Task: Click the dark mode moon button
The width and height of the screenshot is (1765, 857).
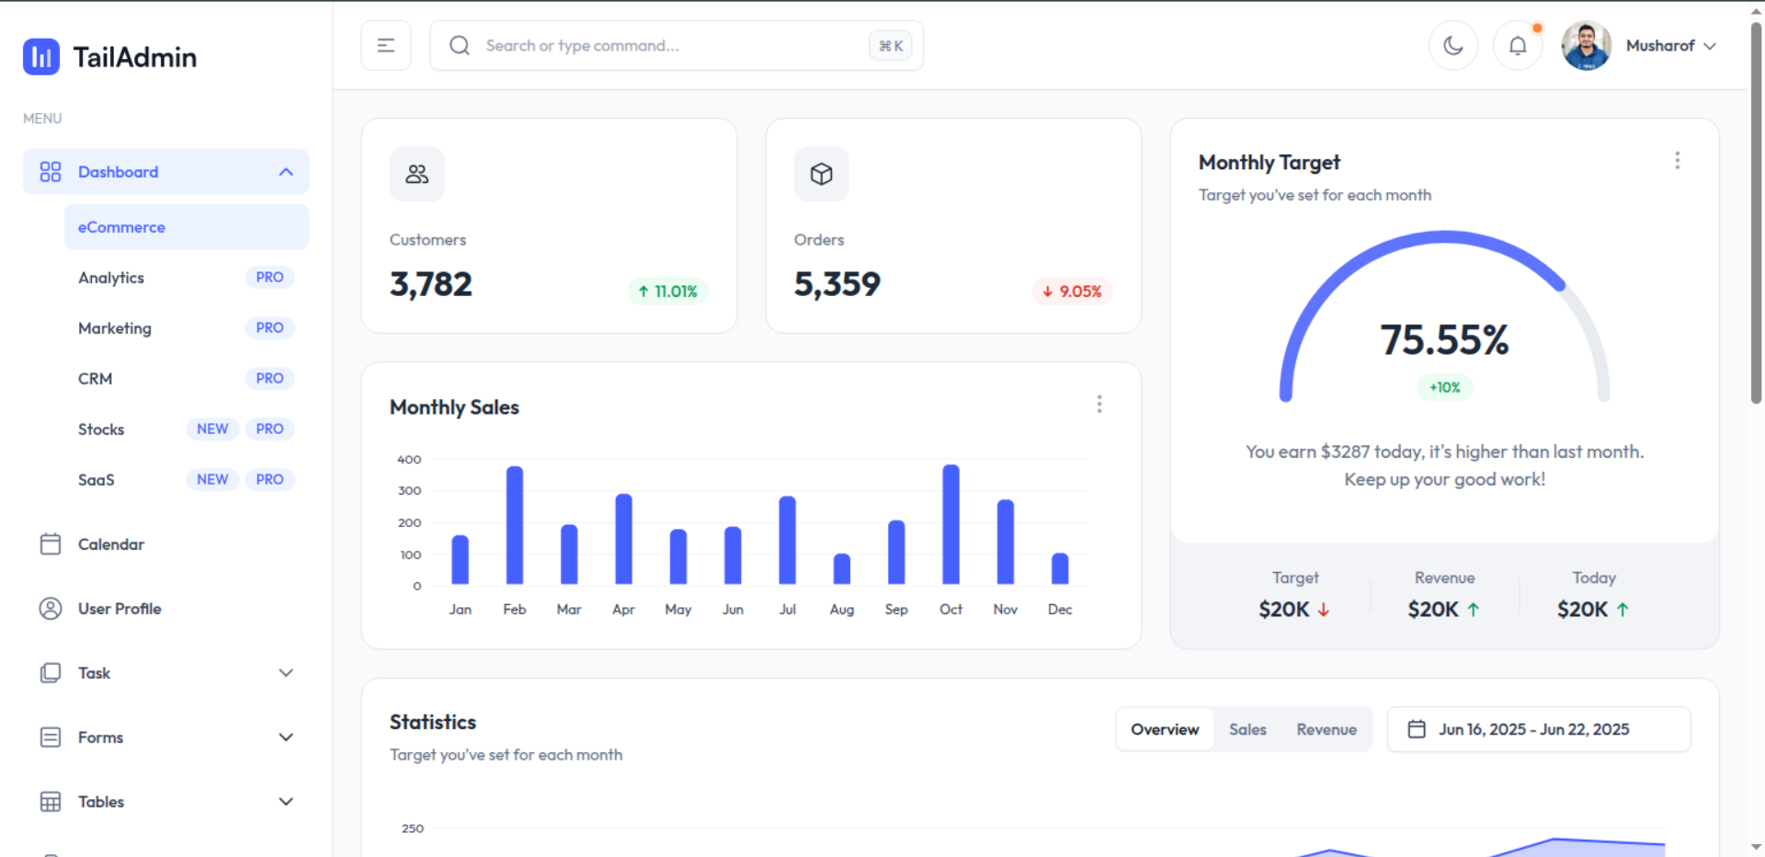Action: pos(1452,46)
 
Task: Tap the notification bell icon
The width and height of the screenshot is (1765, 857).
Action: pos(1517,46)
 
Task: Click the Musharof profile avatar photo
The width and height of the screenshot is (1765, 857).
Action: pos(1586,46)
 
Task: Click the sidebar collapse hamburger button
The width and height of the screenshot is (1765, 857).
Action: pos(386,46)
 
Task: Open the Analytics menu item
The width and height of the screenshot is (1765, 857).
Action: pos(111,278)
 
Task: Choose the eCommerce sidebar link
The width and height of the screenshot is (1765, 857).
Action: pos(121,227)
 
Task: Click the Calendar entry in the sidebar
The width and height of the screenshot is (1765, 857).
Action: pos(111,544)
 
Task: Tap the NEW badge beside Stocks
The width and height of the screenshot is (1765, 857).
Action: pos(212,429)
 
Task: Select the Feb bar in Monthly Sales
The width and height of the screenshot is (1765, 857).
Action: pos(515,525)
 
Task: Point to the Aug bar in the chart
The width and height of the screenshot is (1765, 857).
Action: pos(841,569)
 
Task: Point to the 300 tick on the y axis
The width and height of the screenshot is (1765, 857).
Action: pos(409,491)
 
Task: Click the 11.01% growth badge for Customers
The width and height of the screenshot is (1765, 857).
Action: pos(667,291)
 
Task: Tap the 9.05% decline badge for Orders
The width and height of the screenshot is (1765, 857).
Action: pos(1072,291)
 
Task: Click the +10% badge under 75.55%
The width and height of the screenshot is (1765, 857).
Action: pos(1444,388)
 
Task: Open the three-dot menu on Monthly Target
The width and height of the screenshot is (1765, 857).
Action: pos(1677,161)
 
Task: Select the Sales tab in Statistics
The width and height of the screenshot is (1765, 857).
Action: pos(1247,729)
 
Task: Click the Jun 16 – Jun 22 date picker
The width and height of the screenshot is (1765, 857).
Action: pos(1538,729)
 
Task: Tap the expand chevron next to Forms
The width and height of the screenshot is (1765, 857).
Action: pos(286,737)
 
